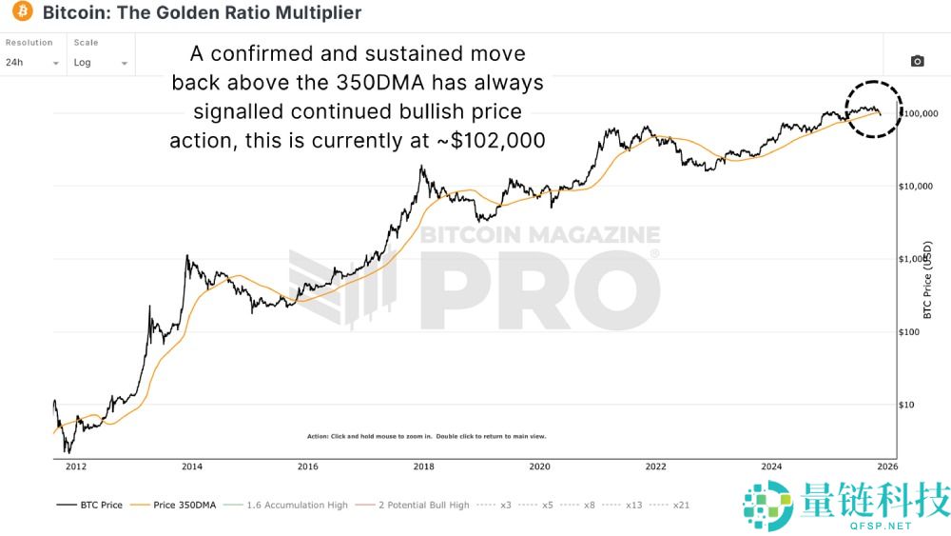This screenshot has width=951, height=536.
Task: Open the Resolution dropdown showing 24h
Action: click(x=32, y=62)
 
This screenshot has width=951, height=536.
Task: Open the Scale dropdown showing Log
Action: click(x=100, y=62)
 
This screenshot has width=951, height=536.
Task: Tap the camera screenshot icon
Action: click(x=917, y=62)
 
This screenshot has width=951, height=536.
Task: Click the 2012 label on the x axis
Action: click(x=76, y=467)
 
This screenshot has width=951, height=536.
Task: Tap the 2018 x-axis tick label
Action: click(x=424, y=467)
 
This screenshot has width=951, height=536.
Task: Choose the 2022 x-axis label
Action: click(x=655, y=467)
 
